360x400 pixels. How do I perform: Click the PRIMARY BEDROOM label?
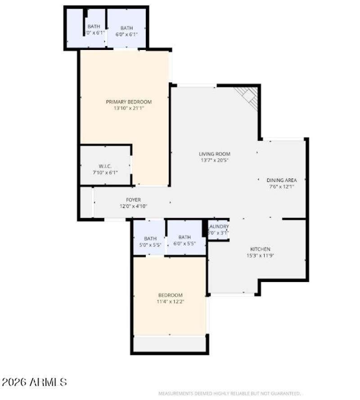coord(129,102)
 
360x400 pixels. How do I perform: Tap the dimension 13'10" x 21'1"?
coord(129,108)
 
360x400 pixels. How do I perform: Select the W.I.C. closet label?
coord(105,166)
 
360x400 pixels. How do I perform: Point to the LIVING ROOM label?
coord(215,154)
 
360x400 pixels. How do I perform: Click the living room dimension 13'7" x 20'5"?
coord(215,160)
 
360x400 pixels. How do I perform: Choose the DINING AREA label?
coord(281,180)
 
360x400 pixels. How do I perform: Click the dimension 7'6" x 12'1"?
coord(281,186)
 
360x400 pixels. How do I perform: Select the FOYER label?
coord(133,200)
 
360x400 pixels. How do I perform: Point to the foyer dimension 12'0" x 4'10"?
coord(133,206)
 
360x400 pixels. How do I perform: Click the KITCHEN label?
coord(260,249)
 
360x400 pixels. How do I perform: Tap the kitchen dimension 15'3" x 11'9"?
coord(260,255)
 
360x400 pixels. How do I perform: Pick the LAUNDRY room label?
coord(219,227)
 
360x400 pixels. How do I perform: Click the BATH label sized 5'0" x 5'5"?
coord(150,239)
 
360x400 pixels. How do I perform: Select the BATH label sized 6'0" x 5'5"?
coord(184,237)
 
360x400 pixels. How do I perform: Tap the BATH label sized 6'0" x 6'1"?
coord(126,28)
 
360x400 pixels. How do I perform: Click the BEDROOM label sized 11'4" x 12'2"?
coord(170,295)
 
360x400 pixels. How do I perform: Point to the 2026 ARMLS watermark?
coord(34,382)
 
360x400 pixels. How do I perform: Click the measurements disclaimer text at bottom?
coord(229,393)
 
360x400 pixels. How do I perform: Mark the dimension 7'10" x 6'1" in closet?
coord(105,173)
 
